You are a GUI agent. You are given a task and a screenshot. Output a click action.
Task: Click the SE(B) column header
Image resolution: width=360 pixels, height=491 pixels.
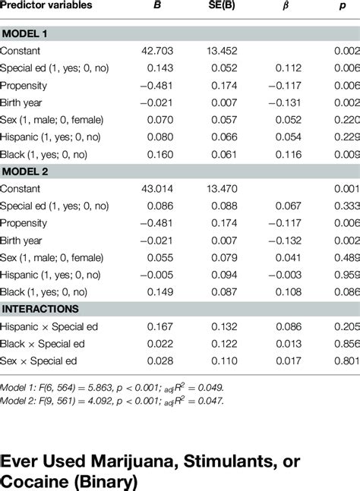click(x=228, y=5)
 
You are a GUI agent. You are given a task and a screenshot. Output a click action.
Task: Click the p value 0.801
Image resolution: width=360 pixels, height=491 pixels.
click(x=346, y=361)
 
